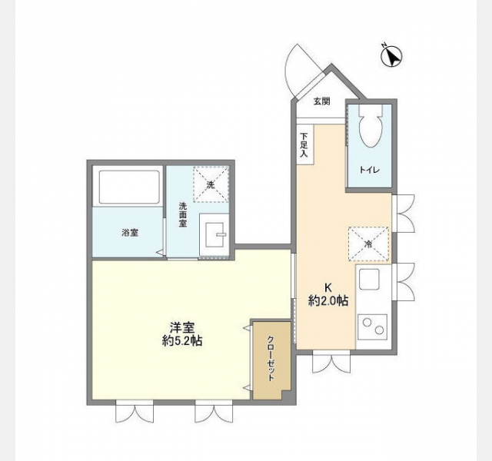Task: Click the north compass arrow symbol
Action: (x=391, y=56)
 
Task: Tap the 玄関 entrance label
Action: (x=322, y=101)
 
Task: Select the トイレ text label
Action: (x=370, y=171)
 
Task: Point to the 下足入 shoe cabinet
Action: (x=305, y=144)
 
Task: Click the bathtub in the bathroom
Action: (x=129, y=187)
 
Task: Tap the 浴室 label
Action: (x=130, y=233)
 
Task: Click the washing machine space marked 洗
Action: (x=211, y=184)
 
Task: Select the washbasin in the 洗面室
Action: (x=214, y=234)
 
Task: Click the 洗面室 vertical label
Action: (x=183, y=215)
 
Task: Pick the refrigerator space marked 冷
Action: (x=369, y=244)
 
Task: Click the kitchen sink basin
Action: (x=369, y=279)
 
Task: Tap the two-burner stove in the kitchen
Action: (x=372, y=327)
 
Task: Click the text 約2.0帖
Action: (x=328, y=300)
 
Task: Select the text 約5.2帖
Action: (x=182, y=340)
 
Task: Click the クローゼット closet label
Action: (x=271, y=359)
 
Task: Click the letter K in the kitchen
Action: (x=328, y=287)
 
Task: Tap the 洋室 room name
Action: (x=182, y=328)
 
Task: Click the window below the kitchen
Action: (x=331, y=361)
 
